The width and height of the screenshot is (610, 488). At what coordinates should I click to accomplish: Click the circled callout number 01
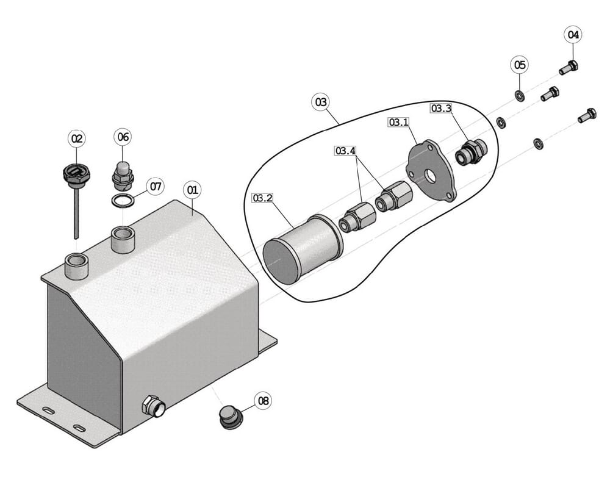tap(193, 190)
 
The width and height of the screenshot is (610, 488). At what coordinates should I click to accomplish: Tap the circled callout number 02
tap(77, 138)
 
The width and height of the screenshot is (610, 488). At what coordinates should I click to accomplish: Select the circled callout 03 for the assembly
tap(321, 102)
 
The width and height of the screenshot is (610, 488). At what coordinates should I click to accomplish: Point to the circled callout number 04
tap(573, 35)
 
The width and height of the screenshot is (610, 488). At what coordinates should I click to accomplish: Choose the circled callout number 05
tap(520, 65)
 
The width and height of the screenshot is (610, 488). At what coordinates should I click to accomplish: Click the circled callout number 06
tap(123, 137)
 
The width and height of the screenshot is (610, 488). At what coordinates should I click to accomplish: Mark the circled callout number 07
tap(156, 187)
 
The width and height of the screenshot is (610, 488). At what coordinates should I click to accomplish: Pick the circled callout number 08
tap(264, 400)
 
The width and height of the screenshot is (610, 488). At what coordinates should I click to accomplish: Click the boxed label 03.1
tap(399, 122)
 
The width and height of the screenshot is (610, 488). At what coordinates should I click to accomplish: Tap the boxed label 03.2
tap(262, 198)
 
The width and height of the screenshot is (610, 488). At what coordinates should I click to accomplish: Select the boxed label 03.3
tap(441, 108)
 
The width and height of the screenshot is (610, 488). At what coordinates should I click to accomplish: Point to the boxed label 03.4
tap(345, 151)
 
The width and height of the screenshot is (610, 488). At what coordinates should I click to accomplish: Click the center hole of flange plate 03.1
tap(430, 176)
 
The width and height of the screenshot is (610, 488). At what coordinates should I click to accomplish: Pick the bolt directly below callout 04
tap(569, 68)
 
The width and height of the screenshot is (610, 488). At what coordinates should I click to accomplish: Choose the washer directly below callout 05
tap(519, 95)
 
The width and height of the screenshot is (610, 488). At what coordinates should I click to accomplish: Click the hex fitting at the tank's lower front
tap(153, 407)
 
